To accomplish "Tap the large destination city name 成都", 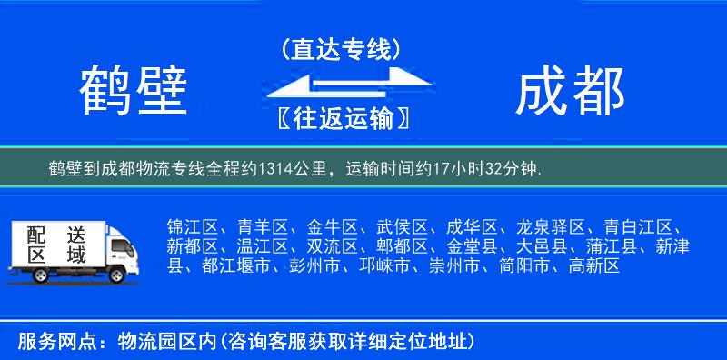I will (570, 92).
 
